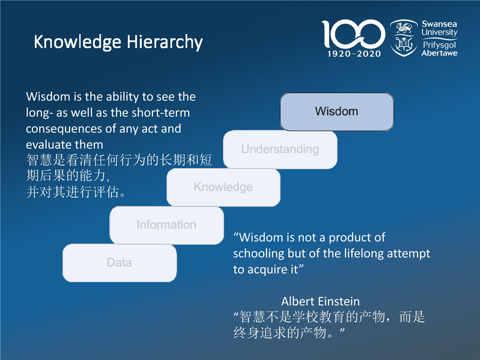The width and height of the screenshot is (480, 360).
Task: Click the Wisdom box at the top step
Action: tap(336, 111)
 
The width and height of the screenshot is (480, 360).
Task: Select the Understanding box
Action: tap(280, 149)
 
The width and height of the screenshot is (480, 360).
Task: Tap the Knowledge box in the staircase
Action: tap(223, 187)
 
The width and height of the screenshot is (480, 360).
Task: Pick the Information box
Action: tap(166, 225)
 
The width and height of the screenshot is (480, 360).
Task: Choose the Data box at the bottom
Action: tap(119, 262)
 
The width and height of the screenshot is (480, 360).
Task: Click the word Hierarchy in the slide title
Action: tap(164, 42)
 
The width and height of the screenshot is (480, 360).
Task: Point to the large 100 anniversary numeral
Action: tap(353, 33)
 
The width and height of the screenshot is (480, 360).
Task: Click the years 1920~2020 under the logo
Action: tap(354, 54)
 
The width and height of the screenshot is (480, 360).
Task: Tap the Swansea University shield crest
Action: tap(404, 38)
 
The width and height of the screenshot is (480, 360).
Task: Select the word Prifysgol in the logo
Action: tap(439, 45)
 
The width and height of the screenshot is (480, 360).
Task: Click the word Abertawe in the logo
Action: tap(439, 53)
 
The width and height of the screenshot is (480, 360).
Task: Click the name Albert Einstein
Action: tap(320, 301)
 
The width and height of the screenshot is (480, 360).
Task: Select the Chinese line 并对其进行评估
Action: tap(76, 192)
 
